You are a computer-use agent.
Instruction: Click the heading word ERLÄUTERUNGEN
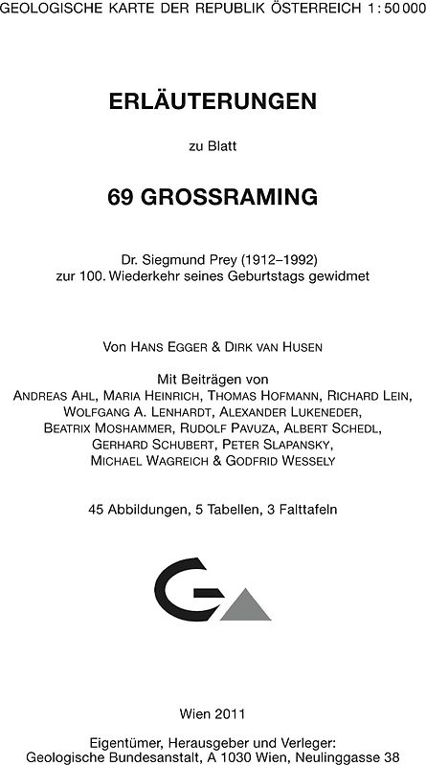point(213,100)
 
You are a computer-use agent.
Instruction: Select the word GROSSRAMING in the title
point(228,197)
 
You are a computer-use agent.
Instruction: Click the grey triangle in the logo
point(244,605)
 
